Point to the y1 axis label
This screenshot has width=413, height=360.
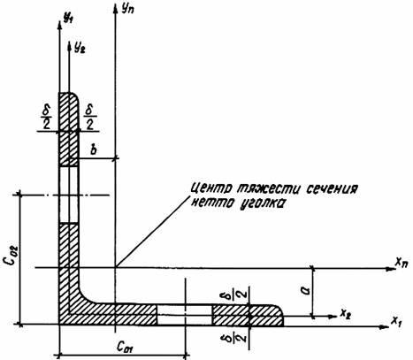68,18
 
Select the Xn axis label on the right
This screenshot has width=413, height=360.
402,262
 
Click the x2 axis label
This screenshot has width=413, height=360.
345,313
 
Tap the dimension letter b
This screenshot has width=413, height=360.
94,149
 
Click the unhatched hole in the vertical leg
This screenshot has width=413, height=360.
69,195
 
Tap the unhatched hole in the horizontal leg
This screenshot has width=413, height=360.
184,315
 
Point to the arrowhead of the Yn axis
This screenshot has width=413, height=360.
115,8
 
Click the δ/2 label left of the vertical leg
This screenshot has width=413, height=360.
46,118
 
